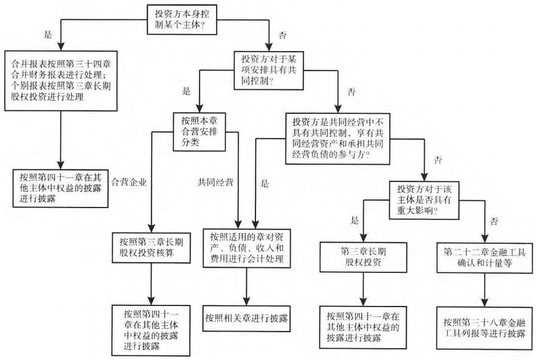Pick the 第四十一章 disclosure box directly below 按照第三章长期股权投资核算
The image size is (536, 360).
pos(151,324)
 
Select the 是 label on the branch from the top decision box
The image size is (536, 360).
pos(48,34)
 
